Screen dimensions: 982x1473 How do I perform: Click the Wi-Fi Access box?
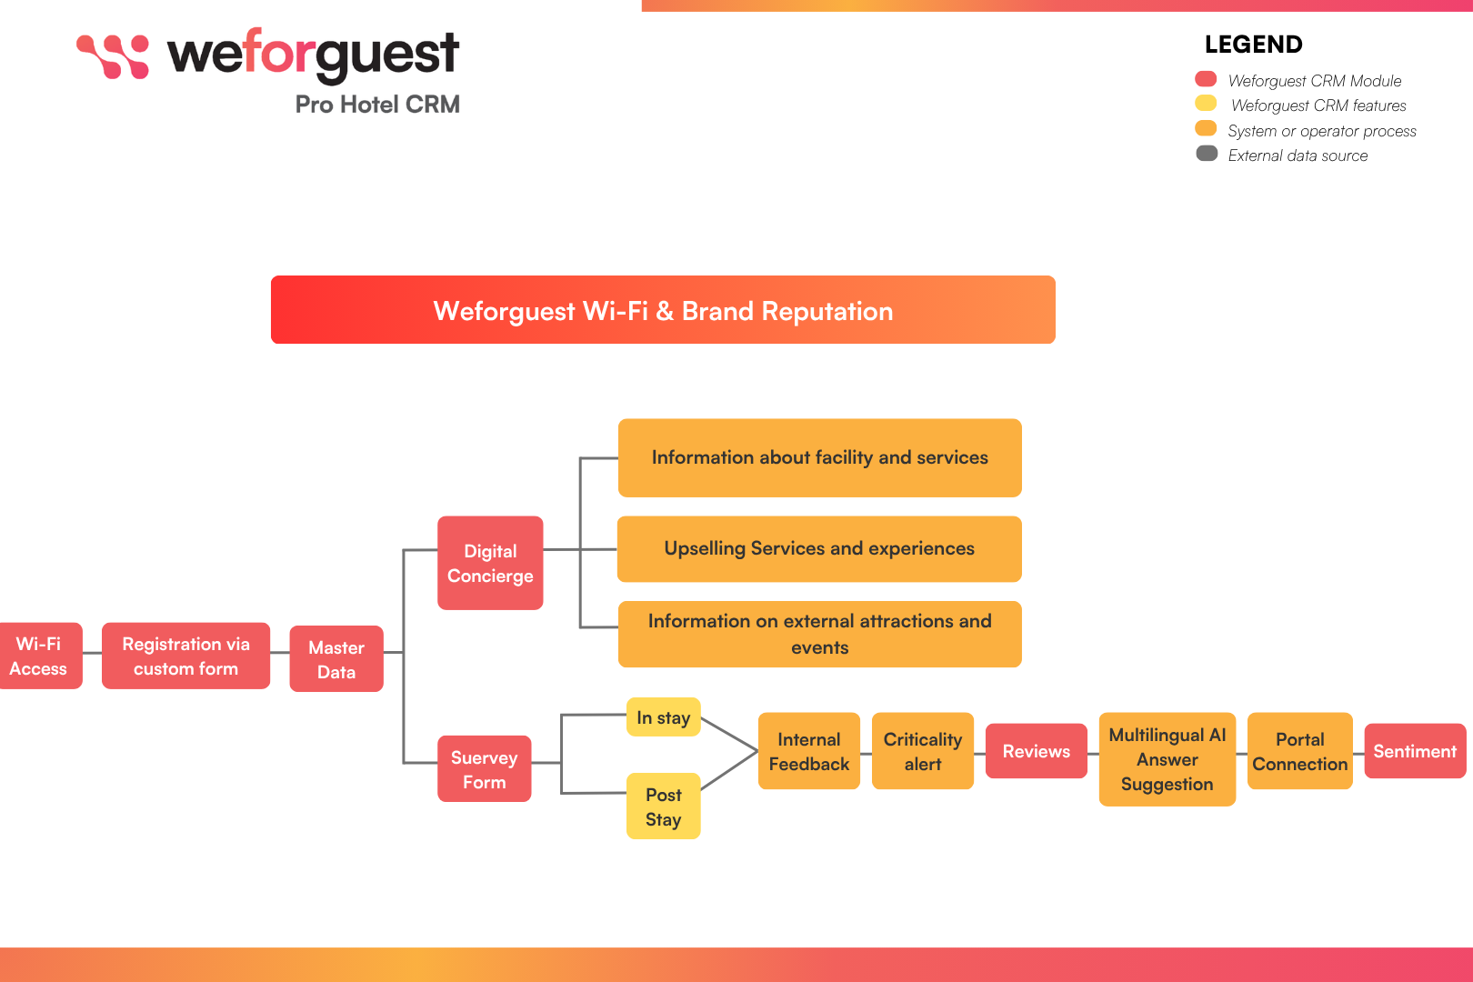40,656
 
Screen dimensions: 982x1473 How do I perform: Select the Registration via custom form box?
185,656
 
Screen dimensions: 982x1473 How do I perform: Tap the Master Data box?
336,659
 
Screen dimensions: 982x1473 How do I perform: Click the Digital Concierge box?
490,563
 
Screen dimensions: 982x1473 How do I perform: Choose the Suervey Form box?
484,768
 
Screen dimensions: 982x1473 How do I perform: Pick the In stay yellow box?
663,717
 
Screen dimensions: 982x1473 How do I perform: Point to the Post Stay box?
663,806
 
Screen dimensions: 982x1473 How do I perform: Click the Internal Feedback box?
808,751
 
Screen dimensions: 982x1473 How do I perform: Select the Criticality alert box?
922,751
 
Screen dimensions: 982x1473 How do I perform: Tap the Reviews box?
1036,751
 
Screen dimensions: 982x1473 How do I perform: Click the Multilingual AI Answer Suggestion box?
1167,759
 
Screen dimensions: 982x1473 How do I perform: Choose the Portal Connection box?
1299,751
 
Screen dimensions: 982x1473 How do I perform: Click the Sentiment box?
1414,751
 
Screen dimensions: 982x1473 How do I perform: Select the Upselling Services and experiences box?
819,549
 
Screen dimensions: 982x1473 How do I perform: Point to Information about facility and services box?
819,457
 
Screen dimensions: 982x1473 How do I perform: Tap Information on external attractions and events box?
819,634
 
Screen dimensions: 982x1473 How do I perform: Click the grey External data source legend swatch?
1207,154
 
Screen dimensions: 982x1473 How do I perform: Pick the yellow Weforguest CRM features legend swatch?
1206,104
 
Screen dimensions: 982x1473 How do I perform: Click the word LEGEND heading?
1253,45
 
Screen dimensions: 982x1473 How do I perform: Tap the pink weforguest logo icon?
113,56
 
